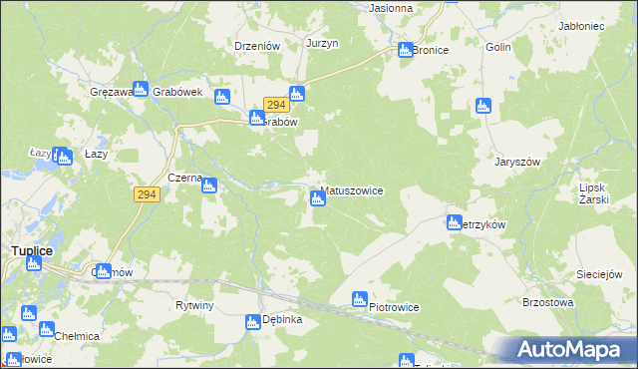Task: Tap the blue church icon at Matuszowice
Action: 318,198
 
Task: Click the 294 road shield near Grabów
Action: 276,105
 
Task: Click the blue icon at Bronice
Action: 406,50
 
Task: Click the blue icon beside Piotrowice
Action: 360,298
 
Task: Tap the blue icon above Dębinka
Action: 252,321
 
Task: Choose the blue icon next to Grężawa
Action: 141,90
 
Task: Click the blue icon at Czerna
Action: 210,183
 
